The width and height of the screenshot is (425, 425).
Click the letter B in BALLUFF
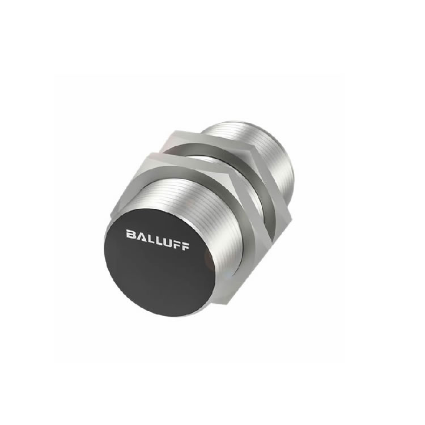pyautogui.click(x=130, y=234)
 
